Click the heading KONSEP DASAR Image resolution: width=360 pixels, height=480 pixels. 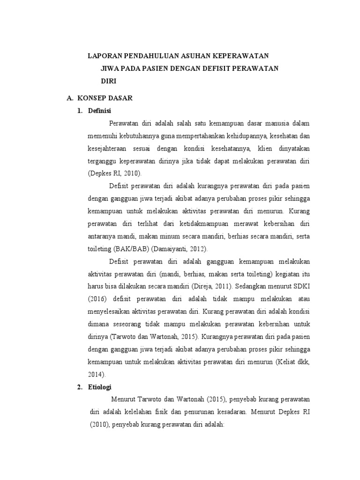coord(105,98)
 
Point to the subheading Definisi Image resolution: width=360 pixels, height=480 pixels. coord(100,111)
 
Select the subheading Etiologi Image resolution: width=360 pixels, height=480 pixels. coord(100,387)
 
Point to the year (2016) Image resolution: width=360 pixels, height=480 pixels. coord(98,299)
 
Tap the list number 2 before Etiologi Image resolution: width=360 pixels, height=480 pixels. coord(78,387)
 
